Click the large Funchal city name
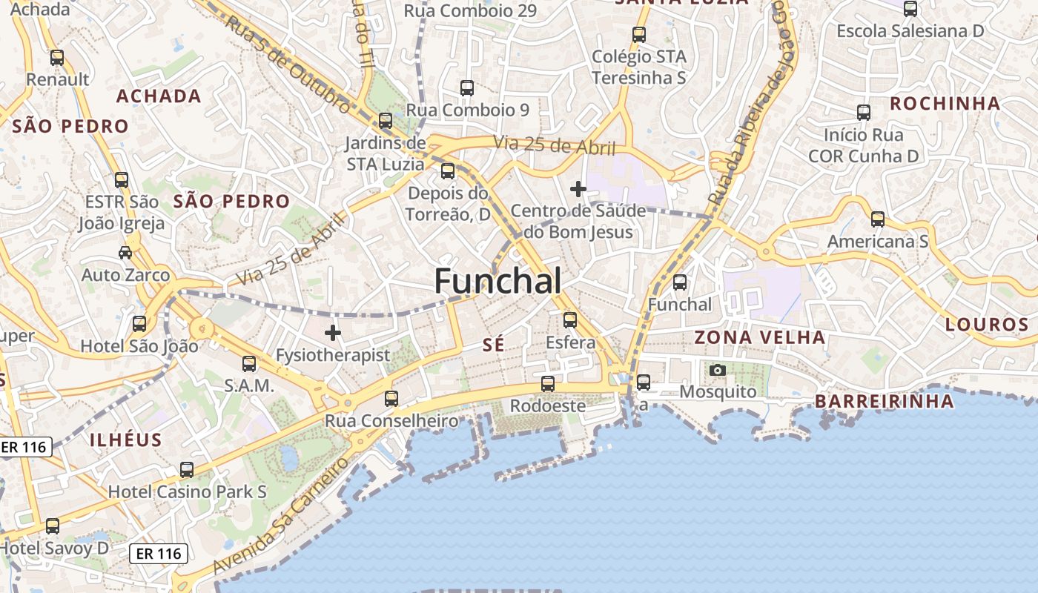click(497, 282)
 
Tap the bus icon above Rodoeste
click(548, 383)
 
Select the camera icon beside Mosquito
click(717, 369)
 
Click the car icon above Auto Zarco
click(125, 253)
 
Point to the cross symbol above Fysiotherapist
click(333, 333)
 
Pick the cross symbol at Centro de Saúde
click(578, 189)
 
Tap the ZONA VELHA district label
click(759, 337)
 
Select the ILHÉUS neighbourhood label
click(126, 440)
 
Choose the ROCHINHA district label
click(945, 104)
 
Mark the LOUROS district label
click(987, 324)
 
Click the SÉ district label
click(493, 345)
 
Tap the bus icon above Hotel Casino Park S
click(187, 469)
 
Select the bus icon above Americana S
click(878, 219)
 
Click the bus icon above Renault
click(57, 57)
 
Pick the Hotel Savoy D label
click(55, 549)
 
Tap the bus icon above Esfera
click(570, 319)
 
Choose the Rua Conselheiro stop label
click(391, 421)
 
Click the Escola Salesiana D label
click(910, 31)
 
